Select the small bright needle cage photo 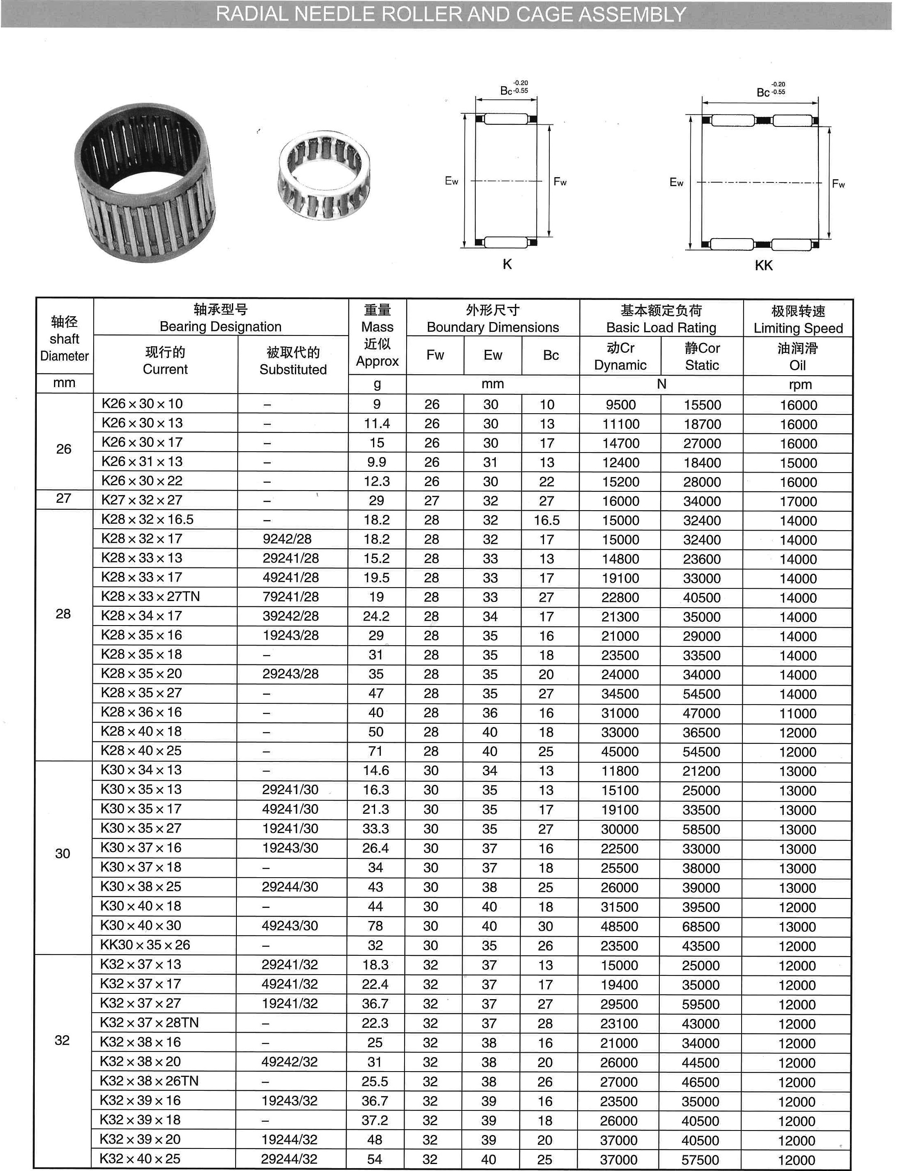[x=324, y=176]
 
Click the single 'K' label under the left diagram [x=507, y=264]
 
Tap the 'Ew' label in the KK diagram [x=676, y=182]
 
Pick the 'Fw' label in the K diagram [x=560, y=182]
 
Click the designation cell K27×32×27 [x=142, y=500]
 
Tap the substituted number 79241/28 [x=290, y=597]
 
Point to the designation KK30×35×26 [x=145, y=945]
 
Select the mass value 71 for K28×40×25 [x=375, y=751]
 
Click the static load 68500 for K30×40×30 [x=701, y=926]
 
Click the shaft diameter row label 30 [x=63, y=853]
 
